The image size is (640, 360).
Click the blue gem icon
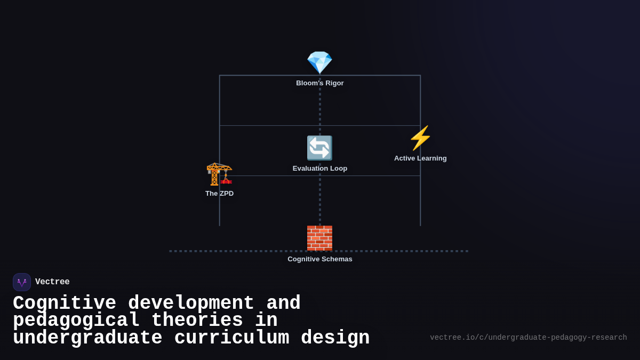[319, 63]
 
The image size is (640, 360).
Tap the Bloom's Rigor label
[320, 83]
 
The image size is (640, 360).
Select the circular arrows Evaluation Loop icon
[319, 148]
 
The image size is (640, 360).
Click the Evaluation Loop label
[320, 169]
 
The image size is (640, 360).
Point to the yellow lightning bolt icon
[420, 138]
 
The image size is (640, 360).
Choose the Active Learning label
[420, 158]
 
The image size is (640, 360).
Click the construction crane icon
[219, 173]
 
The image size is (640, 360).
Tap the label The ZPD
[219, 194]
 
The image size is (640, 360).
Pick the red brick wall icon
[319, 238]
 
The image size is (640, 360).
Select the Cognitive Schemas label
[320, 259]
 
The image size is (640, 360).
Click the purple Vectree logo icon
[22, 282]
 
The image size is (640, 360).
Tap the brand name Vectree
[52, 282]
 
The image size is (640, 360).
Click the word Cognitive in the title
[65, 303]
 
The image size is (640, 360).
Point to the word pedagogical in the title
[76, 321]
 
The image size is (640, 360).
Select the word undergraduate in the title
[87, 338]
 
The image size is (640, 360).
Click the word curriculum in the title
[231, 338]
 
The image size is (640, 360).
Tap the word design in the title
[335, 338]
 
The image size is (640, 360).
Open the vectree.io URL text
[528, 338]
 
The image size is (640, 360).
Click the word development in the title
[191, 303]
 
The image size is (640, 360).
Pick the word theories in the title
[197, 321]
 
